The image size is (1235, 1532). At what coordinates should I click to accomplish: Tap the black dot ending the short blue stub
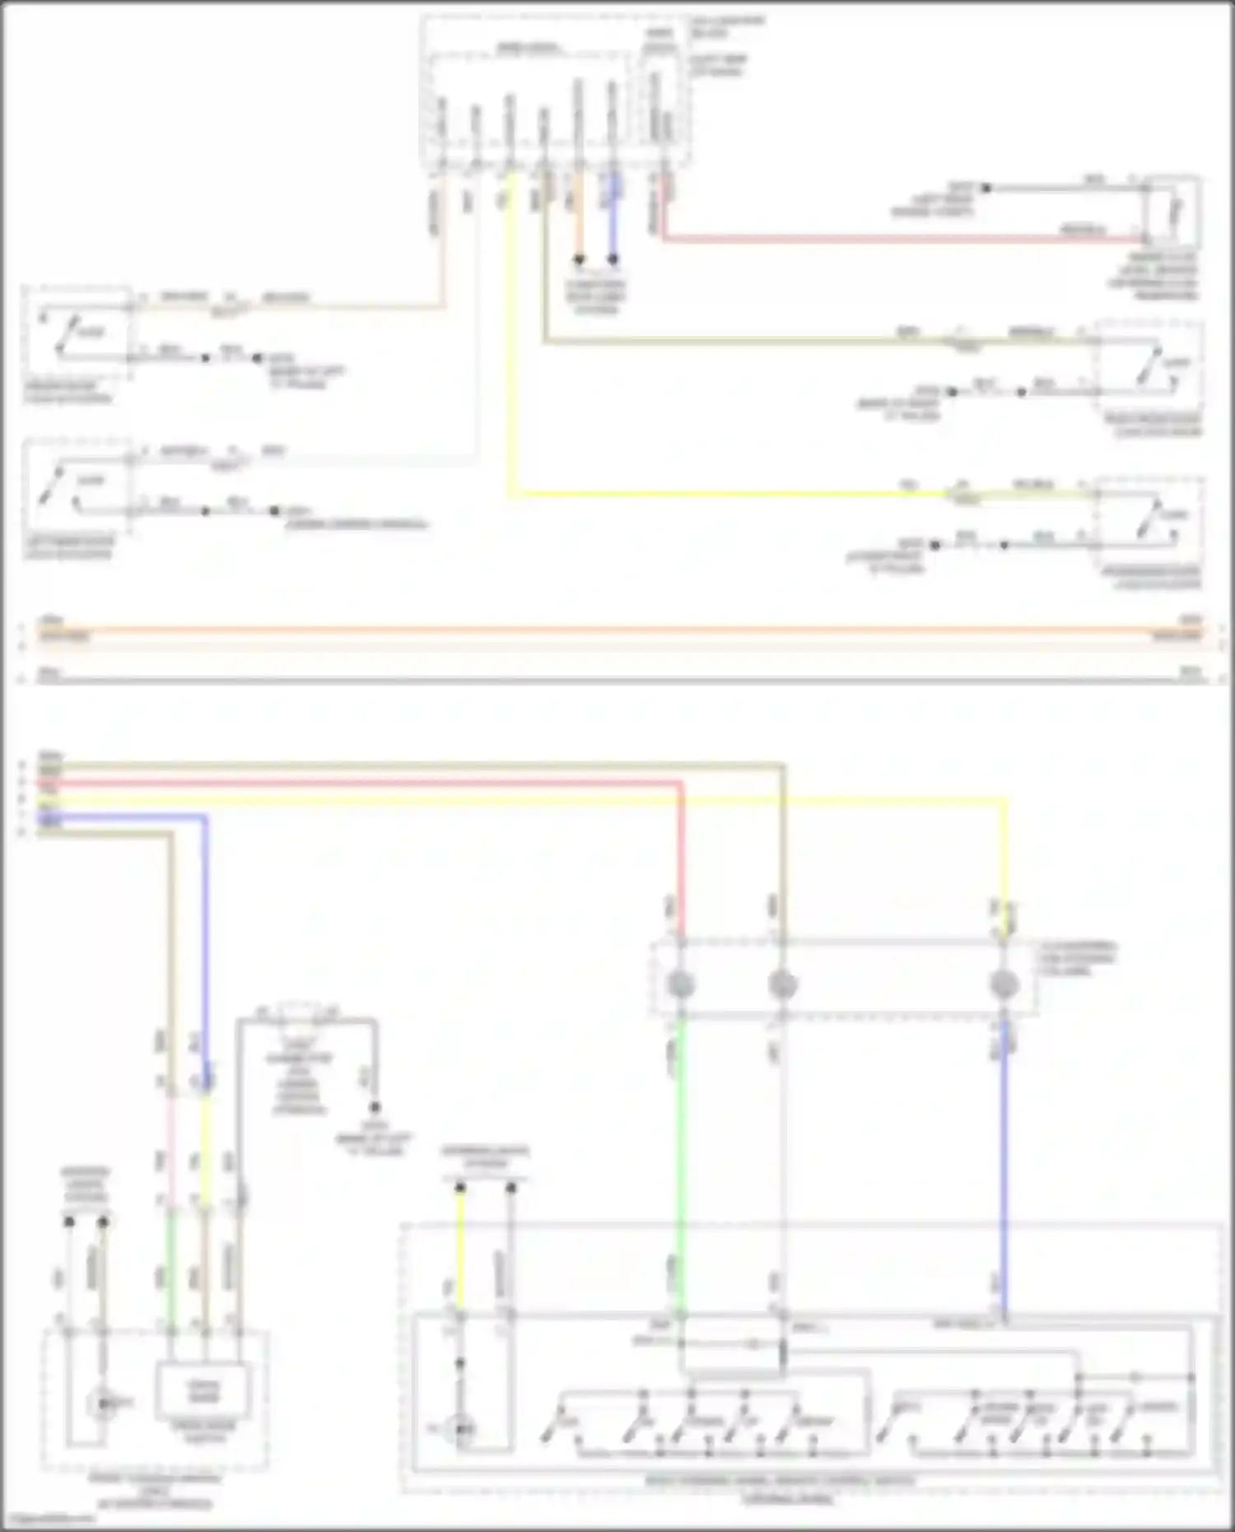tap(613, 259)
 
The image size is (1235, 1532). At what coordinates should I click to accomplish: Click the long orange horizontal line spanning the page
tap(617, 631)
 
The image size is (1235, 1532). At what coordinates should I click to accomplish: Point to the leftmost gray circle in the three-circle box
tap(680, 983)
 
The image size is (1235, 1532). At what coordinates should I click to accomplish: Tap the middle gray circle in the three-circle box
tap(782, 983)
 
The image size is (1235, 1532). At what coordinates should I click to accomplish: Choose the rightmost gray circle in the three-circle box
tap(1004, 983)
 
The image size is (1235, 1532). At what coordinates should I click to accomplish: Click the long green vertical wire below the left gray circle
tap(681, 1152)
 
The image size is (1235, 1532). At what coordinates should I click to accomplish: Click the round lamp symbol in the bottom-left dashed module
tap(102, 1402)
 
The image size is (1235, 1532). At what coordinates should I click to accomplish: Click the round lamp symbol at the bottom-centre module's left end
tap(463, 1428)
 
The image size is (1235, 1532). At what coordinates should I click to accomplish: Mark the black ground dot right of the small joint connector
tap(374, 1107)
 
